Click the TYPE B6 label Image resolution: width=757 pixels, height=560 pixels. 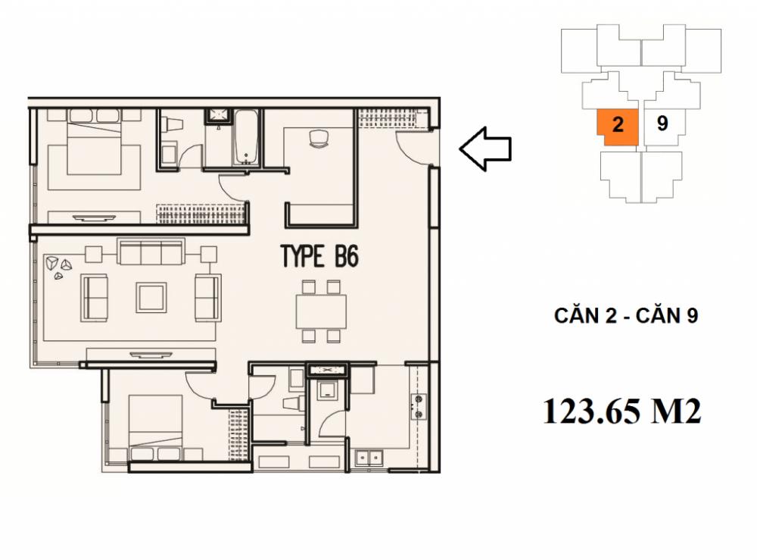(319, 256)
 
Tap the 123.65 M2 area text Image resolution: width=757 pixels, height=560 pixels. (621, 411)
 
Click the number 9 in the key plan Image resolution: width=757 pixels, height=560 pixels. (662, 124)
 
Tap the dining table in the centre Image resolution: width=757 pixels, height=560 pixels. (321, 311)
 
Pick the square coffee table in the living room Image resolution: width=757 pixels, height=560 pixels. (151, 296)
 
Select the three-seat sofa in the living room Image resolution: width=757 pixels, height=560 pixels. (151, 251)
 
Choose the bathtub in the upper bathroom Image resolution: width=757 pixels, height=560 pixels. (247, 138)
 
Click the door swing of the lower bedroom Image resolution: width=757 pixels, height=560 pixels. (200, 386)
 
